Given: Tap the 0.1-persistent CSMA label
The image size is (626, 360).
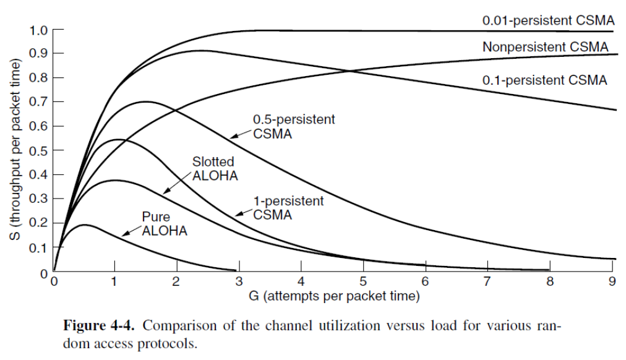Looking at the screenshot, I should (x=545, y=80).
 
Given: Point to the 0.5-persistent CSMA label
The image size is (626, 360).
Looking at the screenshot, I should (x=294, y=126).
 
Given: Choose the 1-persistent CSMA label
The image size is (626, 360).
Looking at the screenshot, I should (x=288, y=207).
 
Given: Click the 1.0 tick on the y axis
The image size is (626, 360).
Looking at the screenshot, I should (x=38, y=29).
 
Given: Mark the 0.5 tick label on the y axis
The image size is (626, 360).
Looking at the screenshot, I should (x=38, y=150).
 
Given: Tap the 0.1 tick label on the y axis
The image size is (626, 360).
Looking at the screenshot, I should (x=38, y=247).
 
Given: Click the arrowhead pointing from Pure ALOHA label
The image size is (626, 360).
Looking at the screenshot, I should (x=123, y=235).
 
